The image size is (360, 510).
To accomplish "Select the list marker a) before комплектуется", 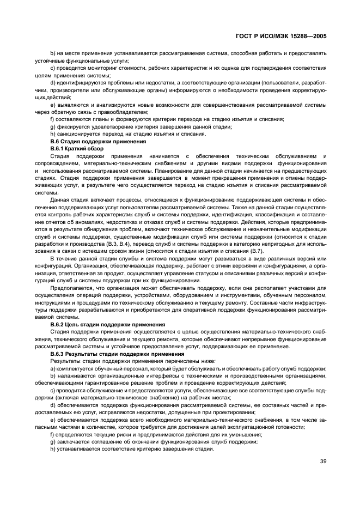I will coord(52,369).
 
